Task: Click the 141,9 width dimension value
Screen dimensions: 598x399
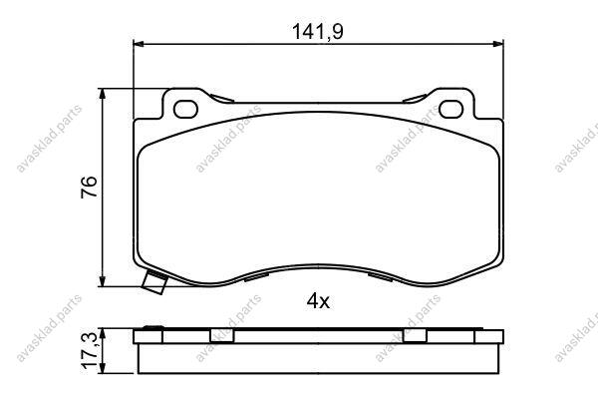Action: click(317, 32)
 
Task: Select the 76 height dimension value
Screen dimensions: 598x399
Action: click(90, 187)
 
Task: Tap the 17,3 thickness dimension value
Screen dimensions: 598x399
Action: click(90, 350)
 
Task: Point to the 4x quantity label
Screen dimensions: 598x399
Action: click(318, 301)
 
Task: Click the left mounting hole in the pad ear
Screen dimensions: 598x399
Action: click(185, 109)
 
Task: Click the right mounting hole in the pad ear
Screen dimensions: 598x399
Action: click(451, 109)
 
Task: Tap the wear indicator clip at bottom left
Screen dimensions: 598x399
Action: click(154, 282)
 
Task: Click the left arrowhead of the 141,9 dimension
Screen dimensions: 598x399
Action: click(139, 44)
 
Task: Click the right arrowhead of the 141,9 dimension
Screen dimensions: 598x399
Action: click(498, 44)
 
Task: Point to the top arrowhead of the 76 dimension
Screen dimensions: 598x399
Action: click(102, 94)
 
